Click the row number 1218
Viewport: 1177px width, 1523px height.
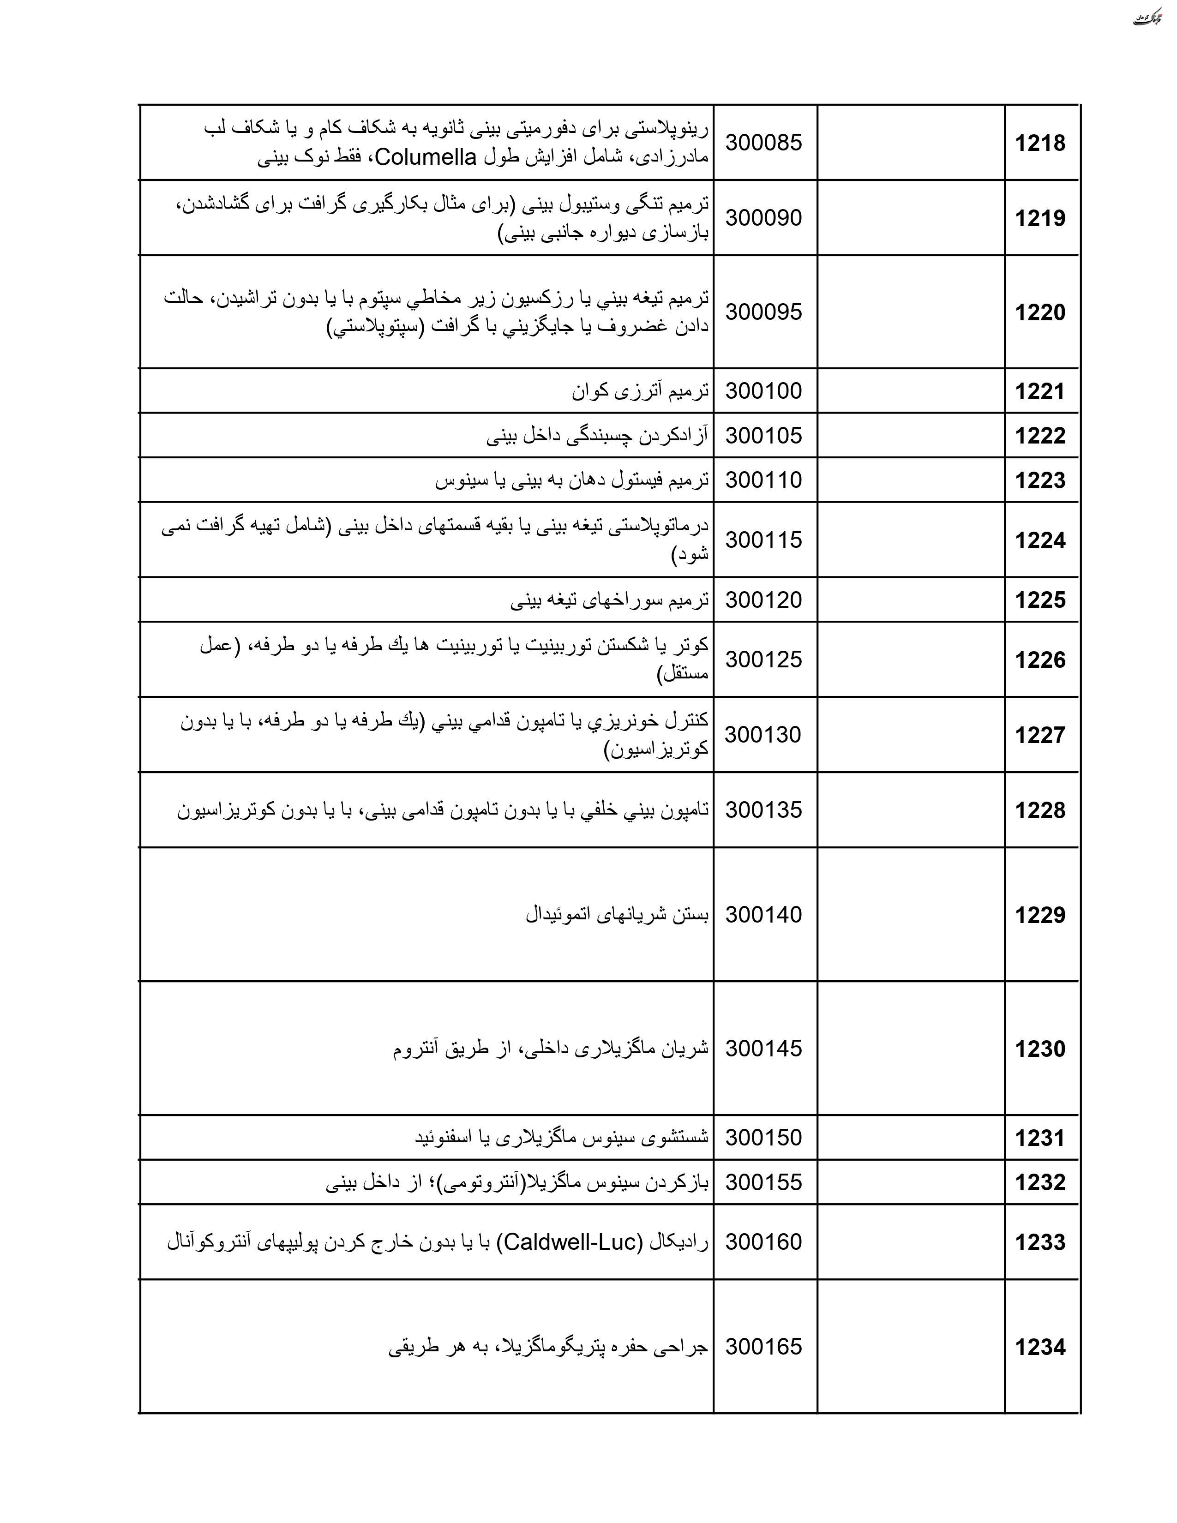[1039, 144]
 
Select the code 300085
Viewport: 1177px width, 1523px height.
[763, 143]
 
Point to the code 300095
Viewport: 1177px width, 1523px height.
[763, 312]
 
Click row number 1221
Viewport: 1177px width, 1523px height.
[1039, 391]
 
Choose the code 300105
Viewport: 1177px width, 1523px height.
[763, 436]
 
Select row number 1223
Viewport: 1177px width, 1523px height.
[1039, 480]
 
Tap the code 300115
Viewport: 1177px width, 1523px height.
[763, 540]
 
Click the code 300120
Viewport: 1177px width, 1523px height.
[763, 600]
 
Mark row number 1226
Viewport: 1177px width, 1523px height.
[1039, 660]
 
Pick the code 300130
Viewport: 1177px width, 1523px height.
[763, 734]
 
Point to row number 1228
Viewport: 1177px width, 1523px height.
[1039, 810]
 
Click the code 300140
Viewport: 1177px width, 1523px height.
[763, 914]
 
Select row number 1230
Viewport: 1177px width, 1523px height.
[1039, 1049]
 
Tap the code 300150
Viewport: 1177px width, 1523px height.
[763, 1137]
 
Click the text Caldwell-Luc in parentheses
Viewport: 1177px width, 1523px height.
[570, 1242]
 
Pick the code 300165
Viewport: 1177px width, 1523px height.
[763, 1347]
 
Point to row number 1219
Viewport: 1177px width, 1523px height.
[1039, 218]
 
